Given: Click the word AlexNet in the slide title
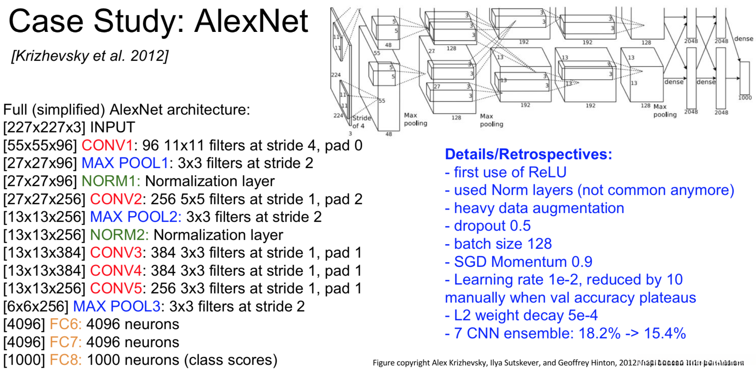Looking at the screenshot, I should click(x=251, y=21).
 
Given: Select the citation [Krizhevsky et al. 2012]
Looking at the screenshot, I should click(x=90, y=56).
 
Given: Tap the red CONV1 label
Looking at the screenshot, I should click(x=107, y=146).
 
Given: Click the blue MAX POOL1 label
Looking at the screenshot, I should click(x=125, y=163).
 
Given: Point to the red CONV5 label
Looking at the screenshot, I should click(x=115, y=289).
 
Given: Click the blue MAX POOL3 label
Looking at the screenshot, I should click(x=117, y=307).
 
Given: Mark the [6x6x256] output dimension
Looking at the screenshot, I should click(x=36, y=307).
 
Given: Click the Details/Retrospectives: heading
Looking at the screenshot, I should click(x=528, y=154).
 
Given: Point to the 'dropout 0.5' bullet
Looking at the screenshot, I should click(x=488, y=226).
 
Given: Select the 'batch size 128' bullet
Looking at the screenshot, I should click(x=498, y=244).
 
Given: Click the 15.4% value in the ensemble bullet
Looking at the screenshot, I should click(x=665, y=333).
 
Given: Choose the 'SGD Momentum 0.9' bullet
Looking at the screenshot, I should click(x=518, y=262).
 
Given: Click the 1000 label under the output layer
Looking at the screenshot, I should click(x=745, y=98).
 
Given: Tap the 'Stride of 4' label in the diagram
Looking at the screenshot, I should click(x=361, y=122).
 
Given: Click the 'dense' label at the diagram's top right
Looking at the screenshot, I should click(x=744, y=39).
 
